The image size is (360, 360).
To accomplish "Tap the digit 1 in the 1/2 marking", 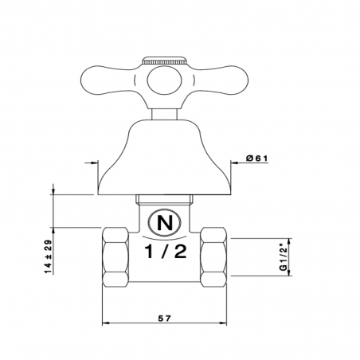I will (x=150, y=253).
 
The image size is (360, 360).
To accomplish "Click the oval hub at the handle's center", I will (x=166, y=80).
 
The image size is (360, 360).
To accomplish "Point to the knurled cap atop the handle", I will (x=166, y=61).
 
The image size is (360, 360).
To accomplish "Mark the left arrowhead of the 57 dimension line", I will (x=107, y=324).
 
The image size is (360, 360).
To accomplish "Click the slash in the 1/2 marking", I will (x=166, y=253).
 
